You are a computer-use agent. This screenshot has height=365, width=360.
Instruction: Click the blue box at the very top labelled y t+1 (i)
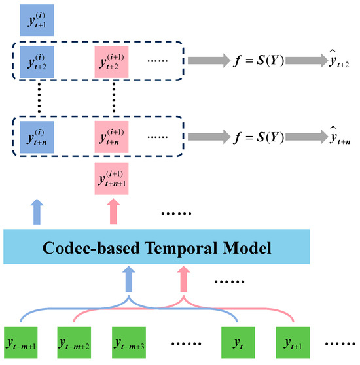pos(37,20)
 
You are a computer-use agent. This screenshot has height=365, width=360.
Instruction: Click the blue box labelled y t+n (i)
pos(37,137)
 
